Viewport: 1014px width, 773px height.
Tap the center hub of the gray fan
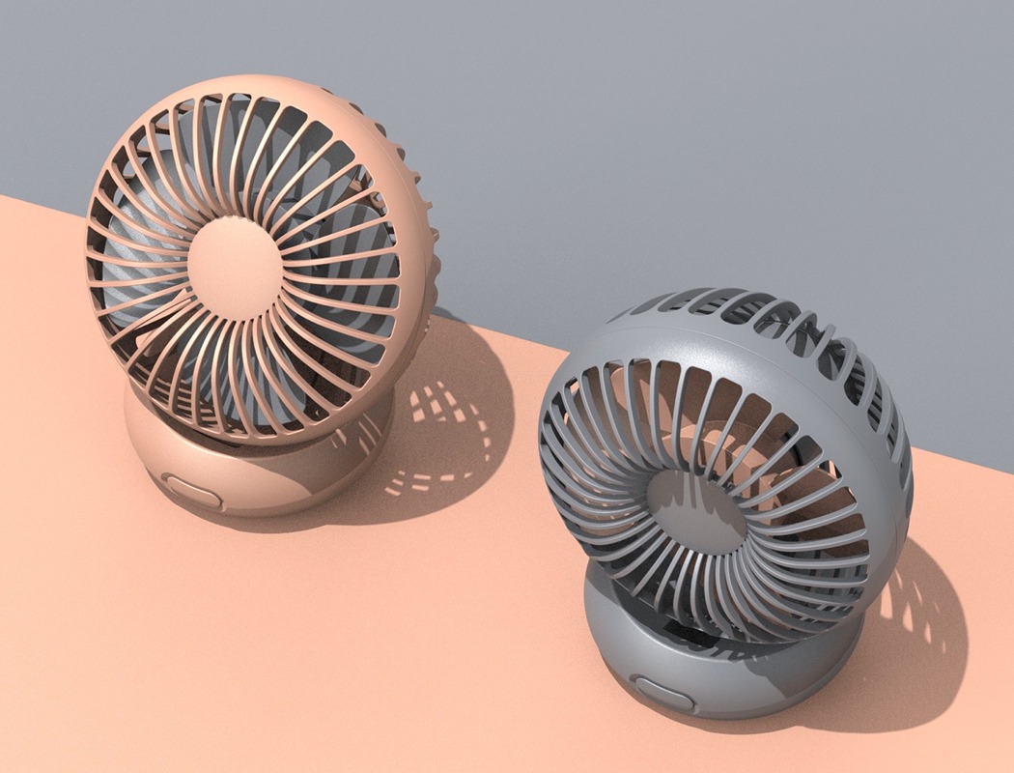point(696,505)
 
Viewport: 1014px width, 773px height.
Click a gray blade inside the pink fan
point(135,232)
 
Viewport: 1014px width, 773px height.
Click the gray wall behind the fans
point(676,116)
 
